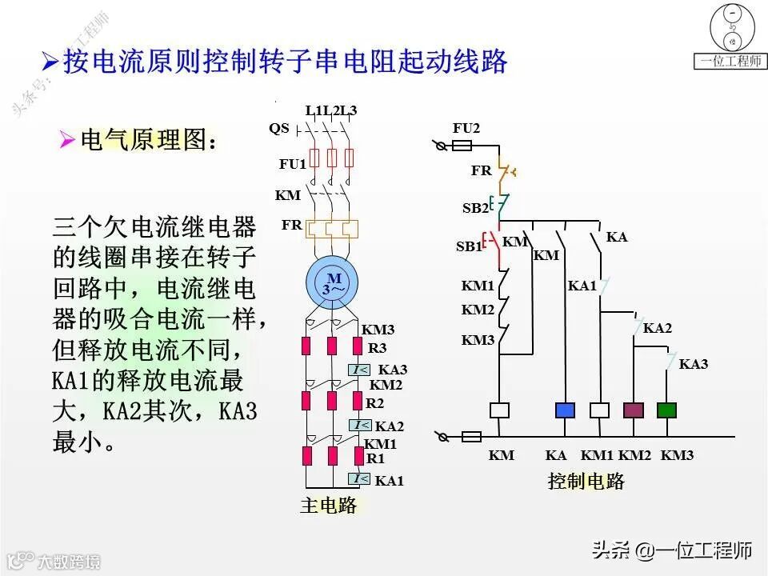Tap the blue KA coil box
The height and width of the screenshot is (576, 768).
566,410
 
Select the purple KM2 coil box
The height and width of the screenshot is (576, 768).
634,410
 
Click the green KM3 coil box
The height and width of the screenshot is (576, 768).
666,410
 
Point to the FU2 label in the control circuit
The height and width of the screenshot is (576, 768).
466,128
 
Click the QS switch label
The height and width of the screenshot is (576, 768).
279,128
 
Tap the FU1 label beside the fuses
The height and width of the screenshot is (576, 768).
293,164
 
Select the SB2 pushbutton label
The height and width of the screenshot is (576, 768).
474,208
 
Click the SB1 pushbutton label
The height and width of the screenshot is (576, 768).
469,246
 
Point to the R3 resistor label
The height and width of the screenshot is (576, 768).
377,348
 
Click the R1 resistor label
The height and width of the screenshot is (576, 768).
375,458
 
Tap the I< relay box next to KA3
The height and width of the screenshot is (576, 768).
359,370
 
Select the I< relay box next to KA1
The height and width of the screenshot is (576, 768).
359,479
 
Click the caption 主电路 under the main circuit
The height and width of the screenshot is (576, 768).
328,506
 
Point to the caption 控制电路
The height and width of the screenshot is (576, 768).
586,481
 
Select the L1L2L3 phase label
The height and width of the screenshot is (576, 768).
331,110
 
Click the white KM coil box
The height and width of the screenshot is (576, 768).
500,410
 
